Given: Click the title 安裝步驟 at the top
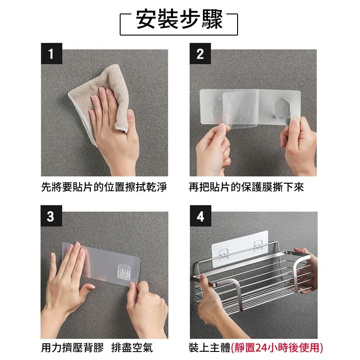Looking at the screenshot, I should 179,20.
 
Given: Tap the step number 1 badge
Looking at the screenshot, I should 50,54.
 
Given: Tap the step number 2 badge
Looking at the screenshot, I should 200,54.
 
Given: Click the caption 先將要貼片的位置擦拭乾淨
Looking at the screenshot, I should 104,187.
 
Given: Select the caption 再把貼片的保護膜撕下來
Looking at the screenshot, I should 246,187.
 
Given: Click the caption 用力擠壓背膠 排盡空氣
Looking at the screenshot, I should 97,347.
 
